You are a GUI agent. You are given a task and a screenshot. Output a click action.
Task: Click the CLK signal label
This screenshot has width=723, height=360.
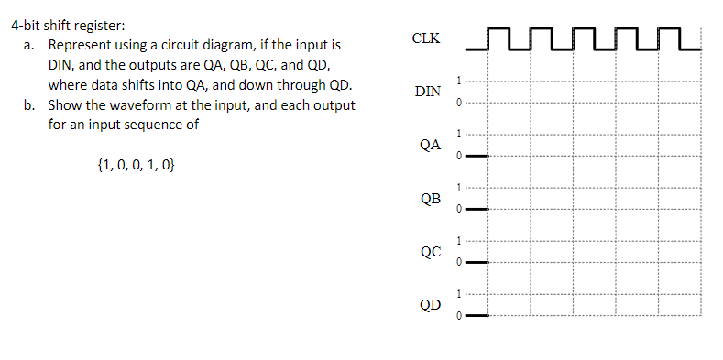[426, 38]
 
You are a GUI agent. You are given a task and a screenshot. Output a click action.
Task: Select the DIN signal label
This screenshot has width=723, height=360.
[427, 92]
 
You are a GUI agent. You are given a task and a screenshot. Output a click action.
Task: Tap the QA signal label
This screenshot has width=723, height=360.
[429, 145]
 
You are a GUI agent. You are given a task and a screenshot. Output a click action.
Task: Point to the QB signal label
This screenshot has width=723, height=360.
[430, 198]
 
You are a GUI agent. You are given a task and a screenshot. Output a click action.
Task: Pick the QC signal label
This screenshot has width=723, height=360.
[430, 251]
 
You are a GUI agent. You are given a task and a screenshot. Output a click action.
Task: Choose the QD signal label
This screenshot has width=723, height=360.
[430, 304]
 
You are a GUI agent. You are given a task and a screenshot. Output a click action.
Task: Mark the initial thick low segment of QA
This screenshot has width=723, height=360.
[477, 156]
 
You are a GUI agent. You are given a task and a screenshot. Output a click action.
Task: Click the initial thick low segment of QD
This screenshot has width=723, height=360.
[477, 315]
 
